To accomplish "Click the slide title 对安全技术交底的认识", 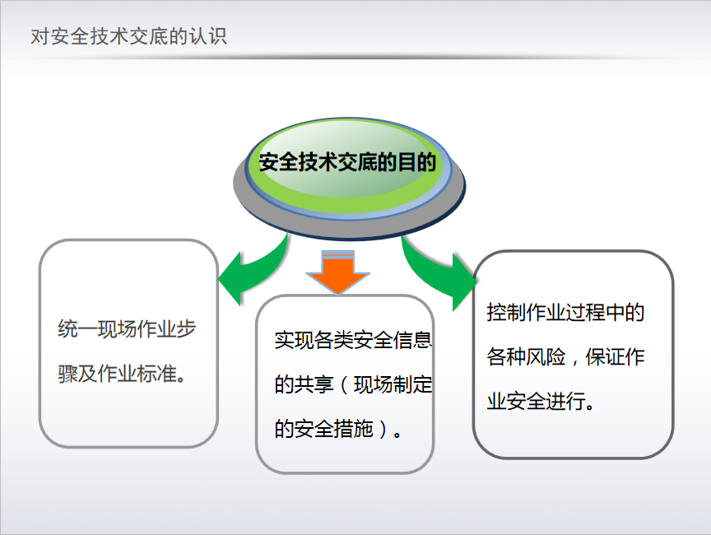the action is [128, 37].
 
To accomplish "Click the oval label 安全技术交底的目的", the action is [347, 162].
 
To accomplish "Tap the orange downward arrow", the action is [338, 272].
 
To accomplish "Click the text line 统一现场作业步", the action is [127, 328].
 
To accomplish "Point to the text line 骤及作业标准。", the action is [122, 374].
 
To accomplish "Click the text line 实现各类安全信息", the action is [353, 340].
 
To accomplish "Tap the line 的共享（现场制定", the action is [353, 384].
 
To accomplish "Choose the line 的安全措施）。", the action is [338, 429].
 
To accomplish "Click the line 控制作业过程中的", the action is [565, 313].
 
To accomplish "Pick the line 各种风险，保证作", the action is [565, 357].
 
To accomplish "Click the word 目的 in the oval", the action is [416, 162].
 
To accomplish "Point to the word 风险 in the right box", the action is [546, 357].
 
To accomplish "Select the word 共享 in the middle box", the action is [314, 384].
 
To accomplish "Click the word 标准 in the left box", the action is [156, 374].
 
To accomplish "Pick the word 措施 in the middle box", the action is [353, 429].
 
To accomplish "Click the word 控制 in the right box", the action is [506, 313].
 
